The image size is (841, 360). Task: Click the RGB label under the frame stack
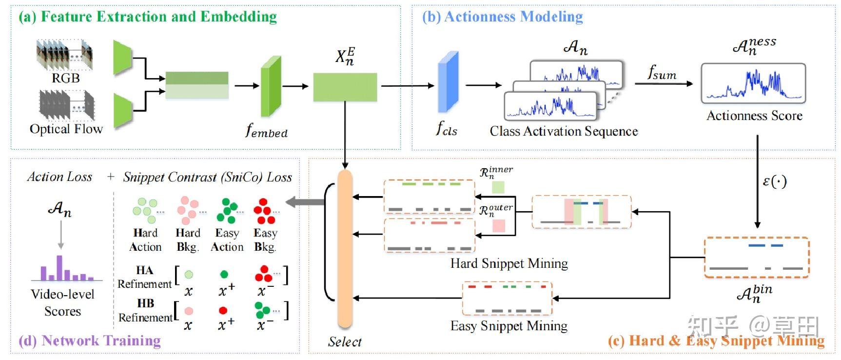(65, 78)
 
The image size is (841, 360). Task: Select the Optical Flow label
(66, 129)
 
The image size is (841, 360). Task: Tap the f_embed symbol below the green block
(266, 131)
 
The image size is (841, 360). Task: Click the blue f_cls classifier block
(448, 82)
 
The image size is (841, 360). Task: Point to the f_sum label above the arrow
(662, 73)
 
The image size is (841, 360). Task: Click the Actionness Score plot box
(753, 83)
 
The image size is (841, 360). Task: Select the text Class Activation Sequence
(564, 131)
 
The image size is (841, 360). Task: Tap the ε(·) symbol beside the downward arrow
(774, 181)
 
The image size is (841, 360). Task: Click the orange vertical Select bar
(345, 249)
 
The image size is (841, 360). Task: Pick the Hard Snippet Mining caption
(509, 263)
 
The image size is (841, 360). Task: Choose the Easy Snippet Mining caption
(509, 326)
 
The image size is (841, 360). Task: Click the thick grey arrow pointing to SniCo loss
(305, 202)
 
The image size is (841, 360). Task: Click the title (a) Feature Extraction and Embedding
(148, 17)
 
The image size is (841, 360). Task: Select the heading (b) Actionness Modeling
(502, 17)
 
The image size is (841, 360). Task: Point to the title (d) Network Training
(90, 340)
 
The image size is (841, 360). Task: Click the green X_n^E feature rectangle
(345, 87)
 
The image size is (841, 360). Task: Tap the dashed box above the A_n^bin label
(756, 258)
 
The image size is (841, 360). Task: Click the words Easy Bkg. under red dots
(265, 240)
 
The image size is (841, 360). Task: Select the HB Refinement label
(145, 310)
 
